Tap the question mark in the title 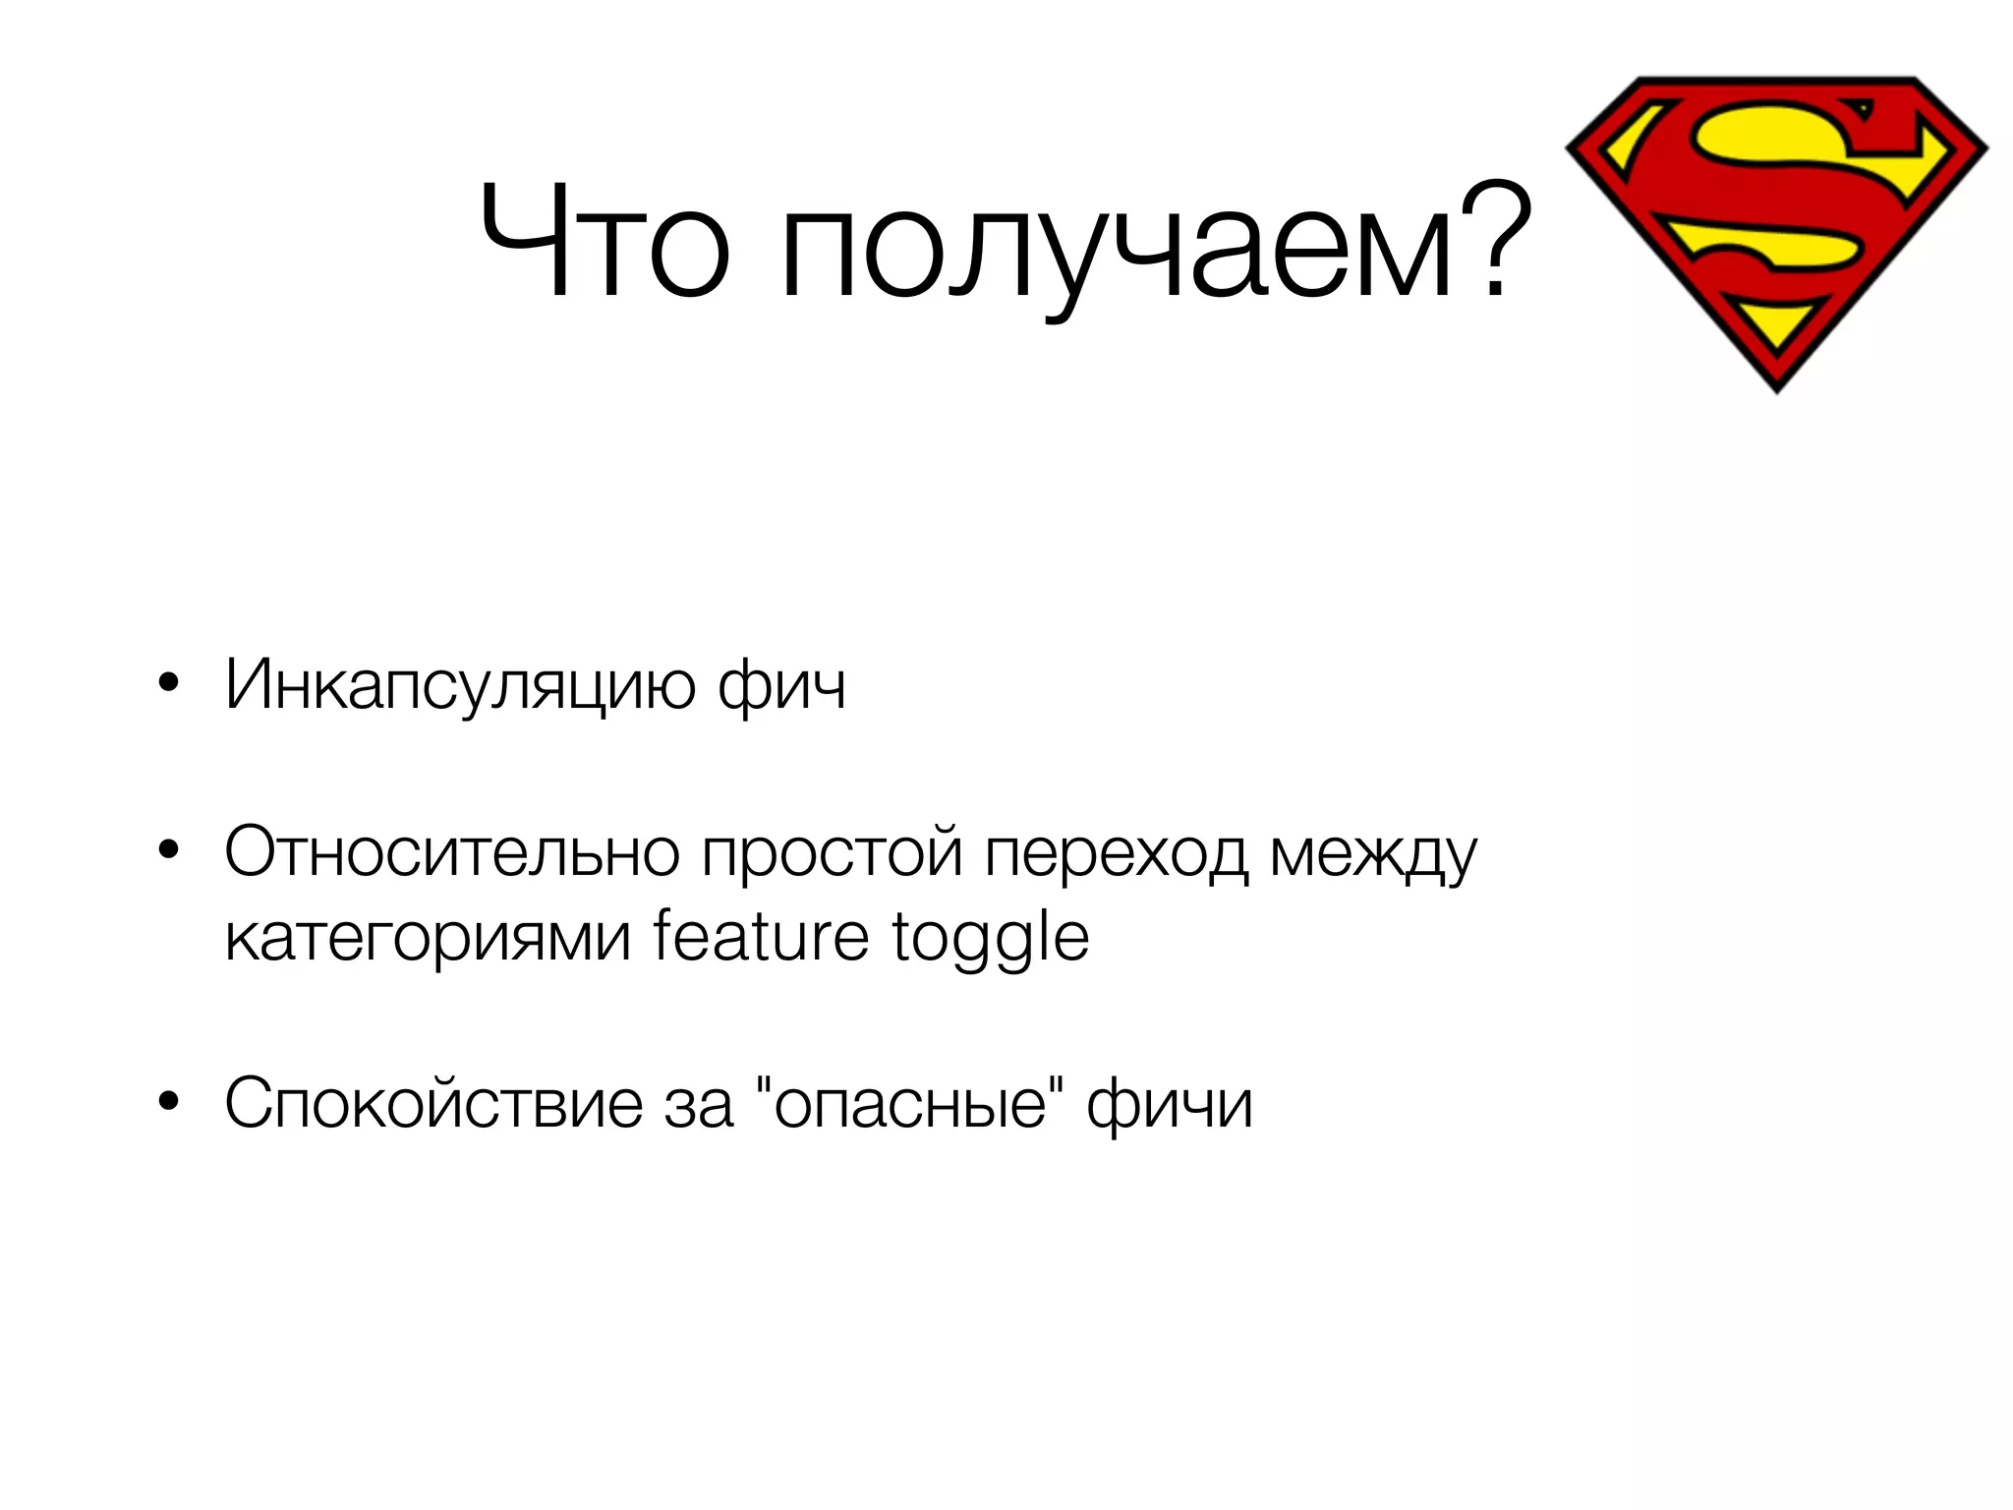coord(1495,241)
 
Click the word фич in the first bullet coord(781,685)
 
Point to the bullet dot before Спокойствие coord(169,1102)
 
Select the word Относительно coord(452,851)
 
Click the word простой coord(832,851)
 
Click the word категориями coord(428,937)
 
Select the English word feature coord(761,936)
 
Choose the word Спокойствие coord(432,1103)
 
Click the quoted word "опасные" coord(910,1103)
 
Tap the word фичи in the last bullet coord(1170,1103)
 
